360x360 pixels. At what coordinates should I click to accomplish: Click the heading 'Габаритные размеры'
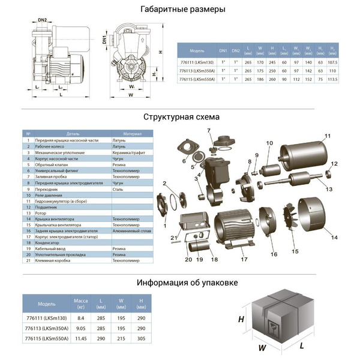(x=182, y=10)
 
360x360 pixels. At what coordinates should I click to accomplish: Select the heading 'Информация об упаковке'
(x=187, y=283)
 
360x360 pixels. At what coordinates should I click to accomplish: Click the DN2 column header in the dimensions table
(x=236, y=51)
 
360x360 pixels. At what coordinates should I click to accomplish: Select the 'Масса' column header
(x=80, y=302)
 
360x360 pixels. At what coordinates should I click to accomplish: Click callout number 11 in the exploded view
(x=328, y=136)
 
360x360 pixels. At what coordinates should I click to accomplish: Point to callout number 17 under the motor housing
(x=244, y=259)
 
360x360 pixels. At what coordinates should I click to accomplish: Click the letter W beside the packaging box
(x=262, y=347)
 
